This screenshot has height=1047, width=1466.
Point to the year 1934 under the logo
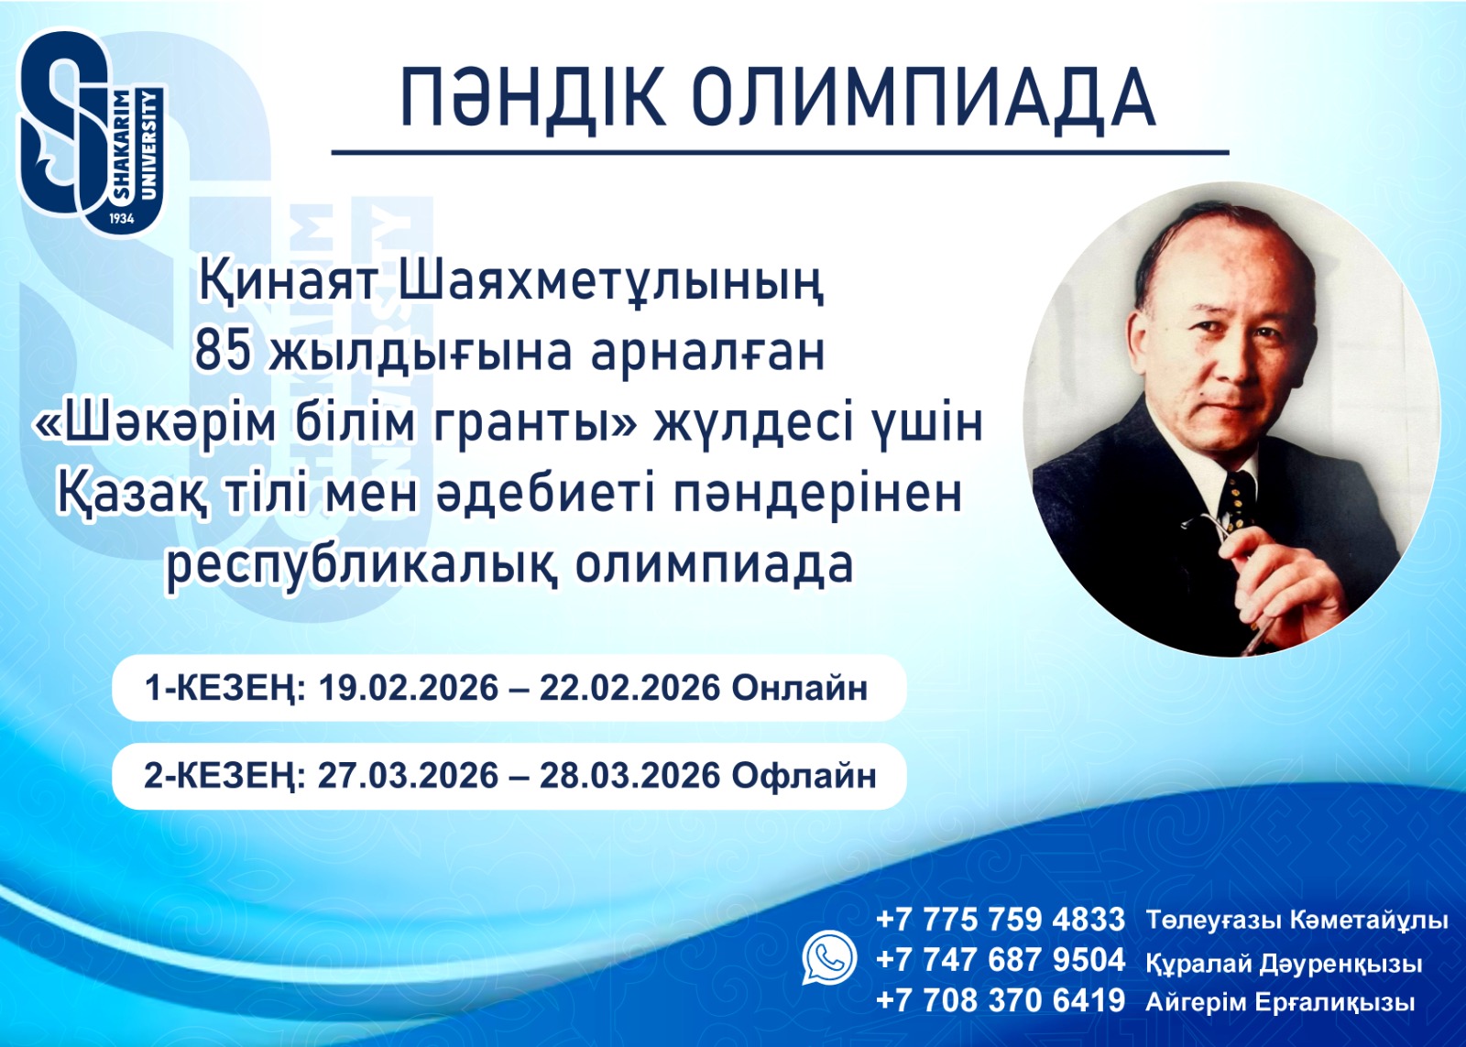pyautogui.click(x=121, y=219)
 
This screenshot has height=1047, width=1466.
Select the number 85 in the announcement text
pyautogui.click(x=222, y=352)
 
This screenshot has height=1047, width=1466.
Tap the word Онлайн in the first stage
pyautogui.click(x=800, y=688)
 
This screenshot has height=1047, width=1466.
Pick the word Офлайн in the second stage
pyautogui.click(x=804, y=776)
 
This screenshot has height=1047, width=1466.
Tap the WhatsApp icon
pyautogui.click(x=829, y=958)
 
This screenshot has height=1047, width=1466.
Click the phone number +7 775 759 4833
pyautogui.click(x=1000, y=919)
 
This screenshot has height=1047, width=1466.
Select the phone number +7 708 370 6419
pyautogui.click(x=1000, y=1000)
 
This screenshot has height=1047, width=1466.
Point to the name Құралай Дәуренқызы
pyautogui.click(x=1284, y=963)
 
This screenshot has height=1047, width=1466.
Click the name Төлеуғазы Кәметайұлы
pyautogui.click(x=1296, y=920)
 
